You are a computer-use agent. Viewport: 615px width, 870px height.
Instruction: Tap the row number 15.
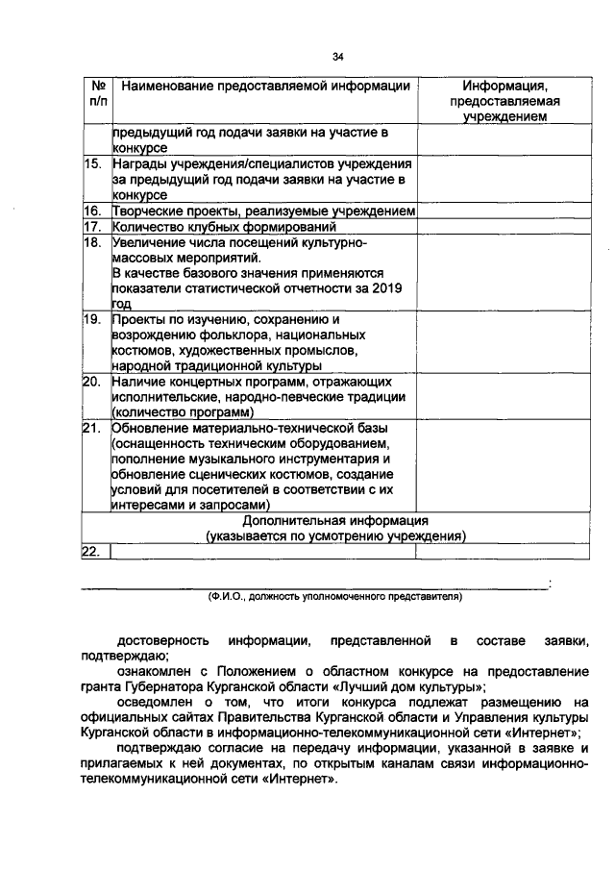pos(93,164)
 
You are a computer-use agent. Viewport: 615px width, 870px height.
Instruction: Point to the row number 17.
pos(93,227)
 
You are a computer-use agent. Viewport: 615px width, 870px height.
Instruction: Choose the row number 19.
pos(93,318)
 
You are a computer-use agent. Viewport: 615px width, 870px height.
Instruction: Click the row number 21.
pos(93,427)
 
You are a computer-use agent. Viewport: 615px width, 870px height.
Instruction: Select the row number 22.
pos(93,551)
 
